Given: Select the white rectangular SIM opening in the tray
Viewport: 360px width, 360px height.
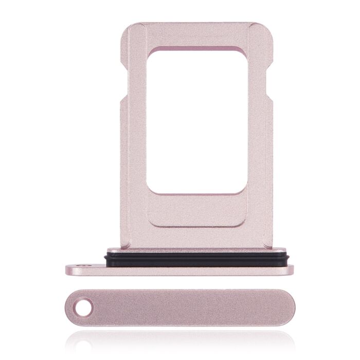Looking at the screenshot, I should (x=196, y=121).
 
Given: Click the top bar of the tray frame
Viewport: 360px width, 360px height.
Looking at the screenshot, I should (x=196, y=34).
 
